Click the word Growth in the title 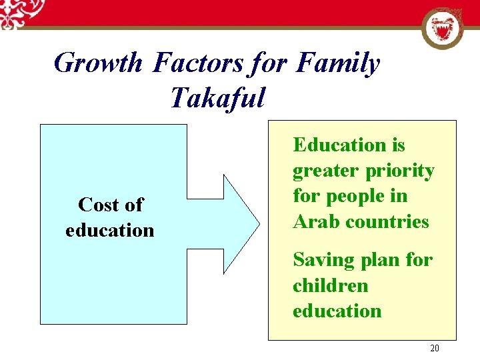pos(97,64)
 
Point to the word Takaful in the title pos(217,98)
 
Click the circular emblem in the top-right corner pos(443,29)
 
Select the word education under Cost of pos(110,230)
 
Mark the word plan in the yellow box pos(381,260)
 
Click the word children pos(330,285)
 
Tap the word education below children pos(337,311)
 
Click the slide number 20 pos(435,349)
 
